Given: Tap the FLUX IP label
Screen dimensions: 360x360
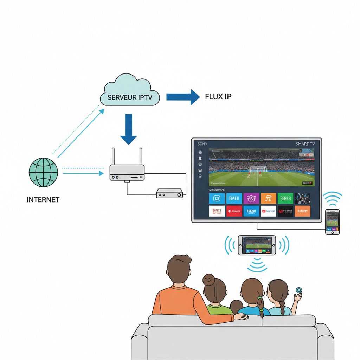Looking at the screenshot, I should pos(218,96).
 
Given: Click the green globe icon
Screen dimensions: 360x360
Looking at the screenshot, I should pos(43,172).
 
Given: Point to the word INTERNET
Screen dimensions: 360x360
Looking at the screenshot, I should pos(43,200).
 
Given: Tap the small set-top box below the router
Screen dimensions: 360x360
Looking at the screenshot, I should pos(170,193).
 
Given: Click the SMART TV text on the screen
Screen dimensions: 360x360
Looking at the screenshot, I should pos(305,144).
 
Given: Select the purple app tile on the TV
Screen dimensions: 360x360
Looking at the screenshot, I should pos(251,199).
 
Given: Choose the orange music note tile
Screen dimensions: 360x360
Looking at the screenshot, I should pos(268,199).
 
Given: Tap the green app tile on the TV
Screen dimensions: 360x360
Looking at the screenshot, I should pos(285,199).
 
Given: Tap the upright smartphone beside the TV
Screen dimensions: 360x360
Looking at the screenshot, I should pos(332,222).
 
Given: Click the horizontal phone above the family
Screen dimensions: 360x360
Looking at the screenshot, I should pos(257,245).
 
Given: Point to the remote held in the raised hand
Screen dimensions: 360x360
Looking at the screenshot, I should pos(299,290).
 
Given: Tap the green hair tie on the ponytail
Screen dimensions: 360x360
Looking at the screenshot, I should pos(260,298).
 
